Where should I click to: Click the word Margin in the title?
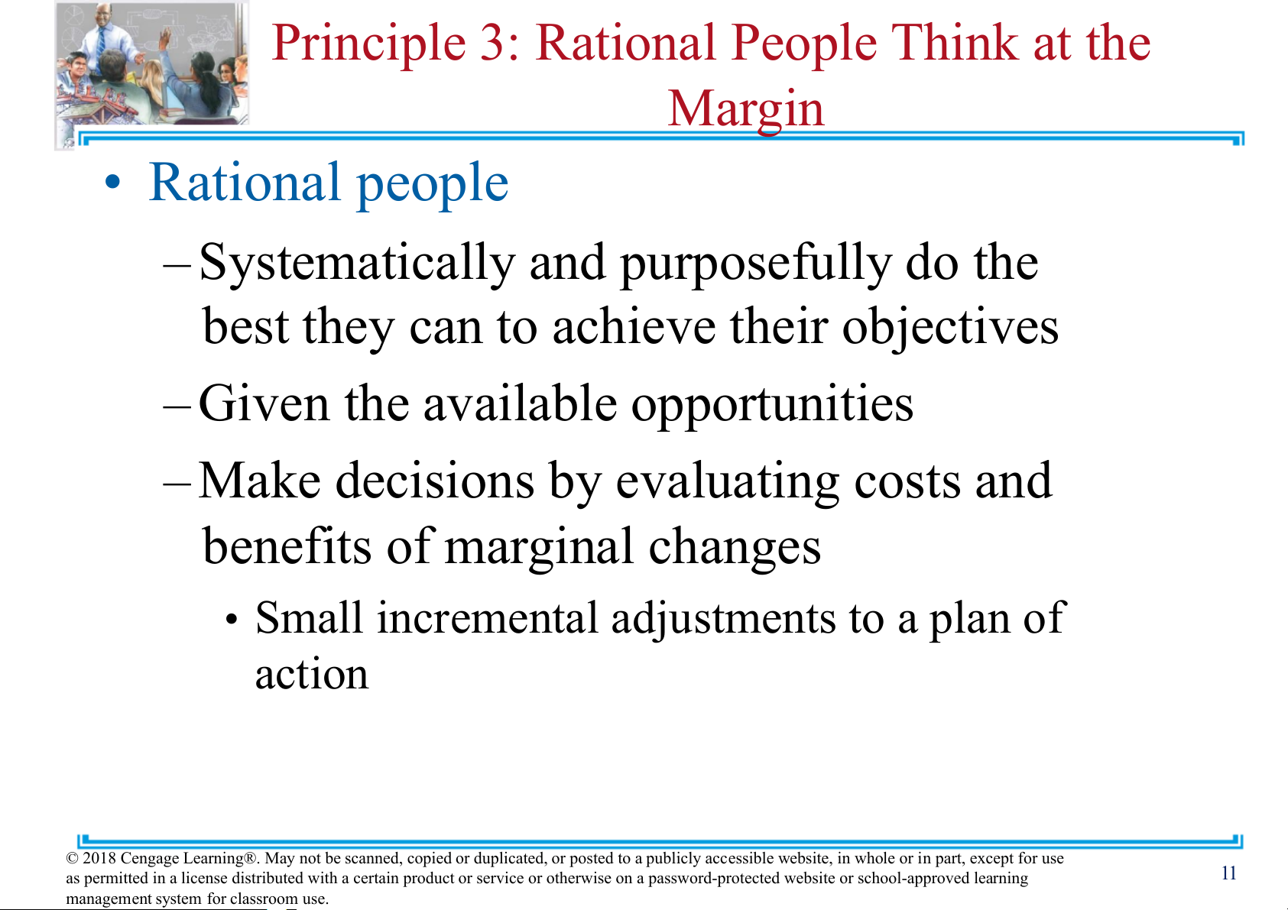tap(746, 110)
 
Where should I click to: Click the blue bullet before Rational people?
tap(112, 183)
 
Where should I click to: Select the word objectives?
tap(950, 329)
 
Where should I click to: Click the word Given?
tap(264, 403)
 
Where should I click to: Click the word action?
tap(311, 675)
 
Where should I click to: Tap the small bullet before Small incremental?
tap(231, 620)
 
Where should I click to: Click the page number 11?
tap(1229, 873)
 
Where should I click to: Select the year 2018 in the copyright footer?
tap(99, 858)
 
